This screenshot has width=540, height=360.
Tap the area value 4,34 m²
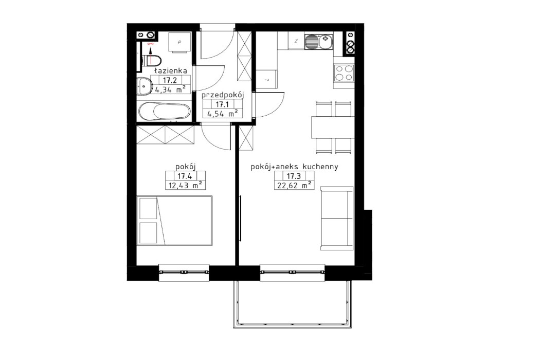tap(170, 89)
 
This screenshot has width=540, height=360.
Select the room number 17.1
tap(222, 104)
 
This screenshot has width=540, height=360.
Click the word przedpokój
tap(222, 96)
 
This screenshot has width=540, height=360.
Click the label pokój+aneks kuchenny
tap(294, 167)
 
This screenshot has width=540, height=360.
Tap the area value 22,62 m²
tap(295, 186)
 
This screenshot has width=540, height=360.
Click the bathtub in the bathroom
tap(164, 111)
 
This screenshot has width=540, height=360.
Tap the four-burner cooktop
tap(344, 73)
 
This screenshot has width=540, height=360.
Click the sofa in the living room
tap(337, 219)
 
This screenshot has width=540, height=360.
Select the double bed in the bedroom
tap(175, 221)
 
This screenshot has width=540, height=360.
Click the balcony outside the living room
tap(293, 303)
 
